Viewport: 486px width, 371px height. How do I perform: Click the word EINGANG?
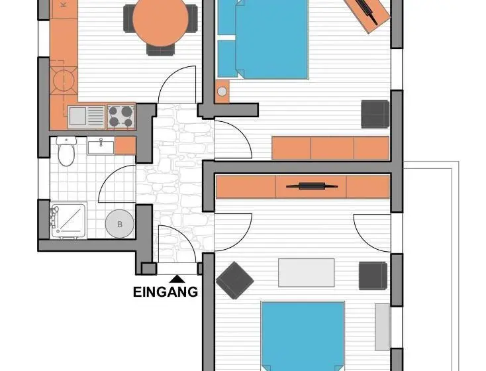click(x=166, y=292)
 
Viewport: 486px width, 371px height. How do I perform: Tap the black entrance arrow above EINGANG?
click(x=177, y=279)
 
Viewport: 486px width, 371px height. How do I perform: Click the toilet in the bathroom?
click(x=66, y=151)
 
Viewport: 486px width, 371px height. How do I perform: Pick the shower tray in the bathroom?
click(x=68, y=221)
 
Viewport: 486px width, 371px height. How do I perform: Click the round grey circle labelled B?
click(x=120, y=224)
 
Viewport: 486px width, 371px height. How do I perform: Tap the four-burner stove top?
click(x=121, y=116)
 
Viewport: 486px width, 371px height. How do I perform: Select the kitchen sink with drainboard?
click(x=87, y=117)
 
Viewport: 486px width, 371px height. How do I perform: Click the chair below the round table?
click(x=160, y=50)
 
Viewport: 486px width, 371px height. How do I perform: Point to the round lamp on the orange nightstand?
click(x=222, y=91)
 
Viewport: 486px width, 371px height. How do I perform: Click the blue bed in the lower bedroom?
click(x=303, y=336)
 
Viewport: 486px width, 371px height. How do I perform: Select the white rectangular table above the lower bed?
click(x=306, y=273)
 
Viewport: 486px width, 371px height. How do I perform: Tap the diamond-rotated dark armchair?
click(x=235, y=280)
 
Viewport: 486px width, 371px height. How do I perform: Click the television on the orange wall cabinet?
click(x=311, y=186)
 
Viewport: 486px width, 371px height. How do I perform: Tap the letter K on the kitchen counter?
click(x=64, y=5)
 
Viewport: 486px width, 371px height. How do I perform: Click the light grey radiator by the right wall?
click(x=383, y=327)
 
